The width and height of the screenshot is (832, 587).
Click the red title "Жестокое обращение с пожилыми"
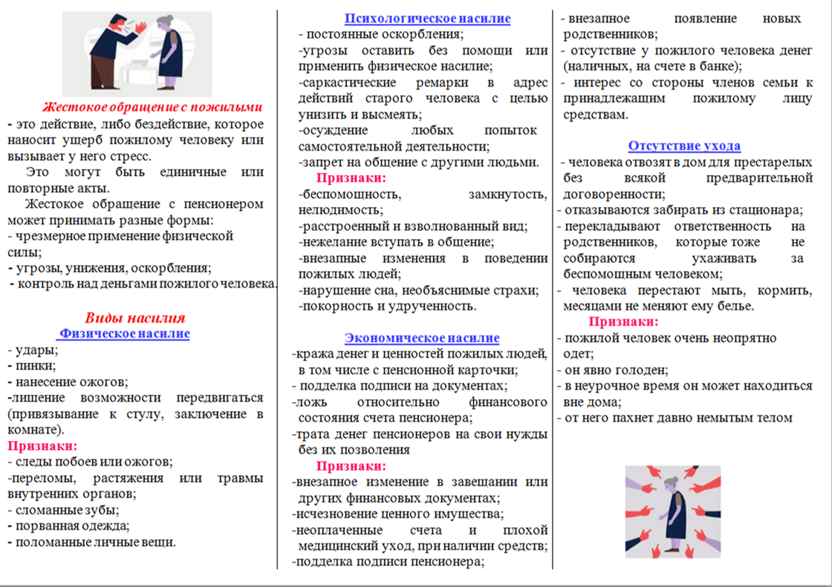click(x=152, y=106)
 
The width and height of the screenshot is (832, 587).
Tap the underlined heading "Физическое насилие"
click(x=125, y=334)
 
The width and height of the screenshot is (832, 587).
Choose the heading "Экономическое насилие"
click(x=422, y=338)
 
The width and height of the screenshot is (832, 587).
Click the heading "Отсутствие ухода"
click(x=684, y=146)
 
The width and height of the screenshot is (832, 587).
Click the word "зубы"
click(x=103, y=510)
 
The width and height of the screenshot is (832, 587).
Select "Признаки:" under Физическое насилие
click(x=42, y=446)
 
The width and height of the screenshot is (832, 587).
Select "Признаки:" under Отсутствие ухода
click(x=623, y=322)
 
